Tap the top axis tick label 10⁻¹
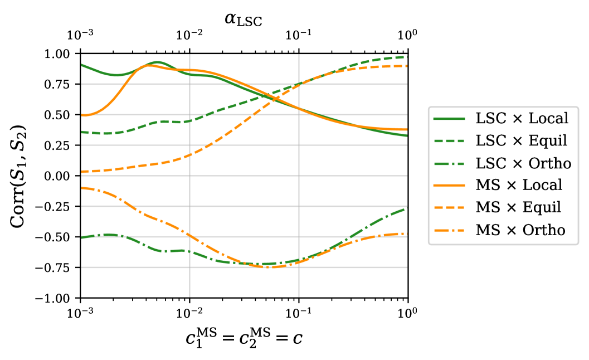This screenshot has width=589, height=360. (x=299, y=36)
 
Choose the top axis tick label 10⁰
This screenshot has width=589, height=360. (x=408, y=36)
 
